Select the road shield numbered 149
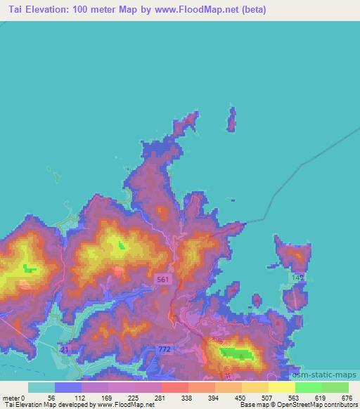coord(297,279)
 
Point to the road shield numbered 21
coord(65,349)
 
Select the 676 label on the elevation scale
coord(348,397)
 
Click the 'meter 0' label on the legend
coord(14,397)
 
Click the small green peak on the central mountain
coord(121,245)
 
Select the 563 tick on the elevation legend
coord(295,397)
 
